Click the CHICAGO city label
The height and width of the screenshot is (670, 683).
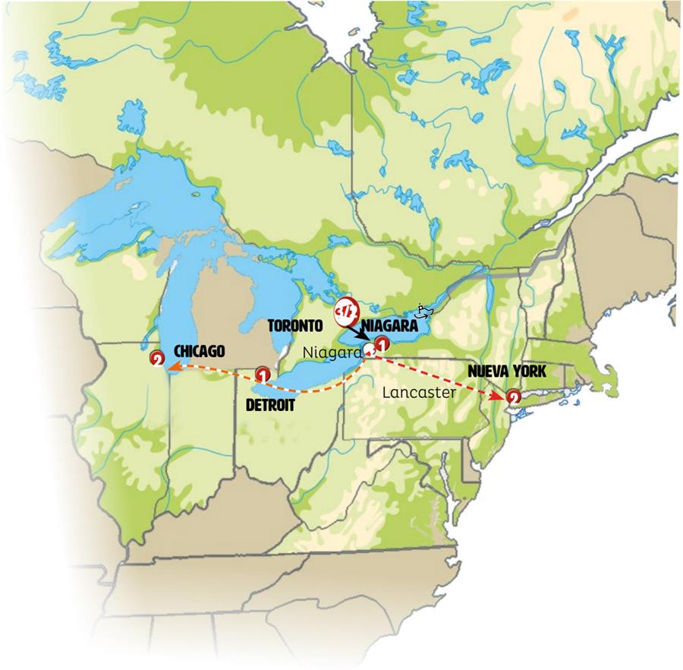coord(200,351)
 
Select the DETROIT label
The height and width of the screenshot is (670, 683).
coord(271,404)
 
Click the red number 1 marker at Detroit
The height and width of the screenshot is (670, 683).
coord(263,374)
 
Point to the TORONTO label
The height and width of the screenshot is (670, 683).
coord(295,326)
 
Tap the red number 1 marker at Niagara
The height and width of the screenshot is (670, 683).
coord(382,343)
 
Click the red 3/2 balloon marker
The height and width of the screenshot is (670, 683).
coord(345,311)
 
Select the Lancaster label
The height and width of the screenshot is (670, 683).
coord(420,393)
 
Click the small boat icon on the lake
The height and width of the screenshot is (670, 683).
coord(426,311)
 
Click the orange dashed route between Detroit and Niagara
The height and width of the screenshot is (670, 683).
coord(319,389)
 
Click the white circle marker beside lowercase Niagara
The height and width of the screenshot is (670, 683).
coord(370,349)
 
